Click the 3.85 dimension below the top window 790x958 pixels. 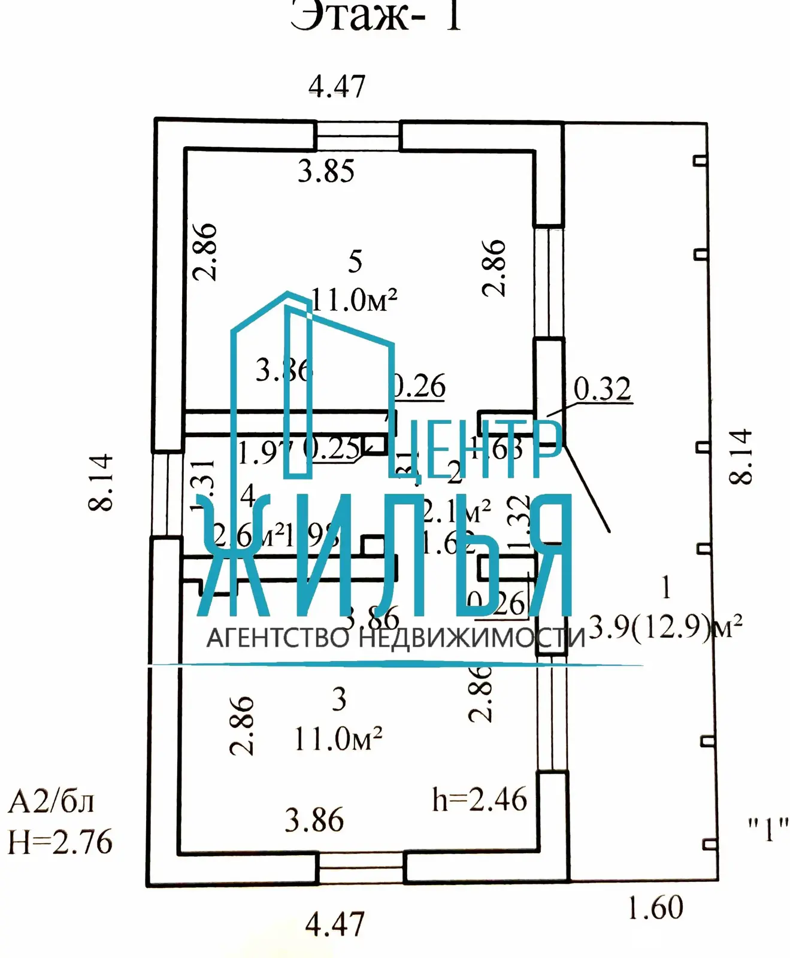pos(326,172)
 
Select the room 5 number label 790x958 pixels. pos(355,262)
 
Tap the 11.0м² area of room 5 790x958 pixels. pos(355,299)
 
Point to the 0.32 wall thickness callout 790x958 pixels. pos(602,389)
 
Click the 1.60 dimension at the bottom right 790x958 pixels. pos(655,908)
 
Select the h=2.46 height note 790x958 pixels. pos(479,800)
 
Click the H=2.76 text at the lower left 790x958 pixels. pos(60,842)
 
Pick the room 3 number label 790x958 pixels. pos(339,699)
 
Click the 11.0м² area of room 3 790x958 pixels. pos(338,739)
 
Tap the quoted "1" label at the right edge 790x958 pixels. pos(768,830)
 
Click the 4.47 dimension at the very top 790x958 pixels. pos(337,87)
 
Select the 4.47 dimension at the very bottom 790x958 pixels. pos(334,924)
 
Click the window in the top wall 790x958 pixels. pos(358,136)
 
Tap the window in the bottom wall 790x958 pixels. pos(361,868)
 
